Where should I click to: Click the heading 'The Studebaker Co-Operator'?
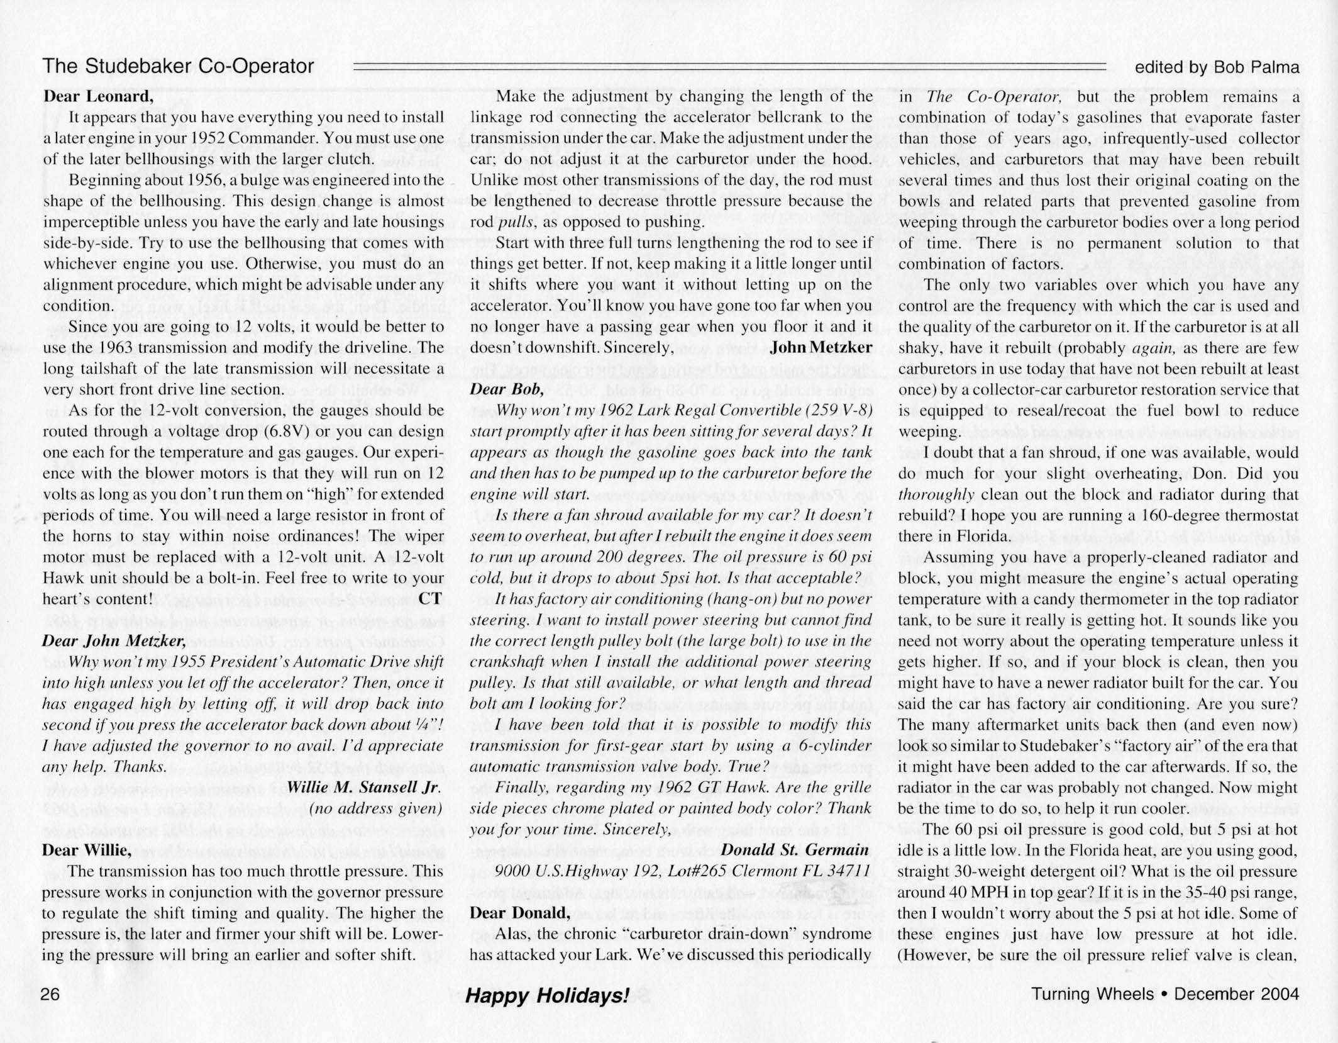click(x=178, y=67)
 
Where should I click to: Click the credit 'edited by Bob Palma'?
click(x=1217, y=67)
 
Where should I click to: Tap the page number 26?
click(x=50, y=994)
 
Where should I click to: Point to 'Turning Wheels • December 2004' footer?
click(x=1164, y=994)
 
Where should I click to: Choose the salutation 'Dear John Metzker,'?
click(x=114, y=641)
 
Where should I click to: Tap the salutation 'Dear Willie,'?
click(x=87, y=851)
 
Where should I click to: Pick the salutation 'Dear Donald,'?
click(x=520, y=913)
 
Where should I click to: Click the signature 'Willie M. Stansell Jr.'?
click(x=365, y=788)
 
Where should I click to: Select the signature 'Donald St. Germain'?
click(x=795, y=851)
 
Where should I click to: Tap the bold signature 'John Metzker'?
click(x=821, y=347)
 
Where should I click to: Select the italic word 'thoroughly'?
click(x=936, y=494)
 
